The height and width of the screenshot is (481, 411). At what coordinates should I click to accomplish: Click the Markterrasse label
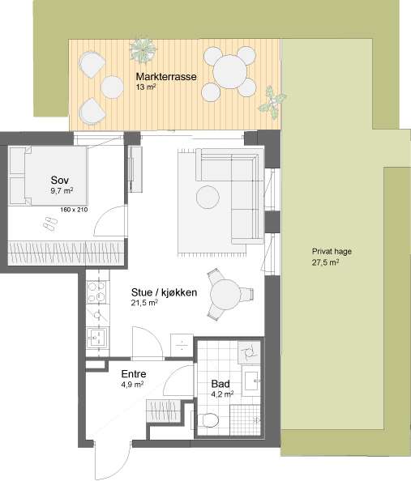click(x=166, y=77)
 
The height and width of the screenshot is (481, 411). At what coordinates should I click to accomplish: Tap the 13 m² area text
click(x=146, y=87)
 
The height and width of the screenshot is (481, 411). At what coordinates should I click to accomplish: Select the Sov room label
click(x=60, y=180)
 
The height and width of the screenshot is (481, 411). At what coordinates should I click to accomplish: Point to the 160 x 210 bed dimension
click(x=74, y=210)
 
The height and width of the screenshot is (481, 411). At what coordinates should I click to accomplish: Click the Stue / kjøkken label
click(x=164, y=292)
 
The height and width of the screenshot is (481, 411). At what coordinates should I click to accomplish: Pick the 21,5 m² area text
click(x=144, y=303)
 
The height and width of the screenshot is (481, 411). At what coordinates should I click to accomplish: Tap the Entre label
click(x=134, y=374)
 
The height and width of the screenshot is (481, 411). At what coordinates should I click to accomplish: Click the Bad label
click(x=220, y=384)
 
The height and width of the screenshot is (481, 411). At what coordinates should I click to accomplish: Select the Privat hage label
click(x=332, y=252)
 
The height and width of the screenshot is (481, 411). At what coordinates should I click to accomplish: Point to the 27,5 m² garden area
click(x=326, y=262)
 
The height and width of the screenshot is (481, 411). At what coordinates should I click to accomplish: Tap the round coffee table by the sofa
click(x=208, y=198)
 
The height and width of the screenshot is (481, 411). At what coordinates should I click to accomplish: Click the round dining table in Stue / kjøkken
click(x=225, y=295)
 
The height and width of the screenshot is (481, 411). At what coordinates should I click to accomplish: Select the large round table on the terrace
click(x=229, y=72)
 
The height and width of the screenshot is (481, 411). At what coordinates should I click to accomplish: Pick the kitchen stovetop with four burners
click(x=97, y=292)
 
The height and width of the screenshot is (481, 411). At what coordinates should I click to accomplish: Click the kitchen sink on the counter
click(x=97, y=338)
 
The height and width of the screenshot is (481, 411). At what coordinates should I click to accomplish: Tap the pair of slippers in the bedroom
click(x=49, y=223)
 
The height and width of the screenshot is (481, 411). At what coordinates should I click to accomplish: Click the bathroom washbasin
click(x=252, y=381)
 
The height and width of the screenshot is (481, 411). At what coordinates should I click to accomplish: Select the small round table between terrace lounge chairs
click(x=112, y=87)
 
